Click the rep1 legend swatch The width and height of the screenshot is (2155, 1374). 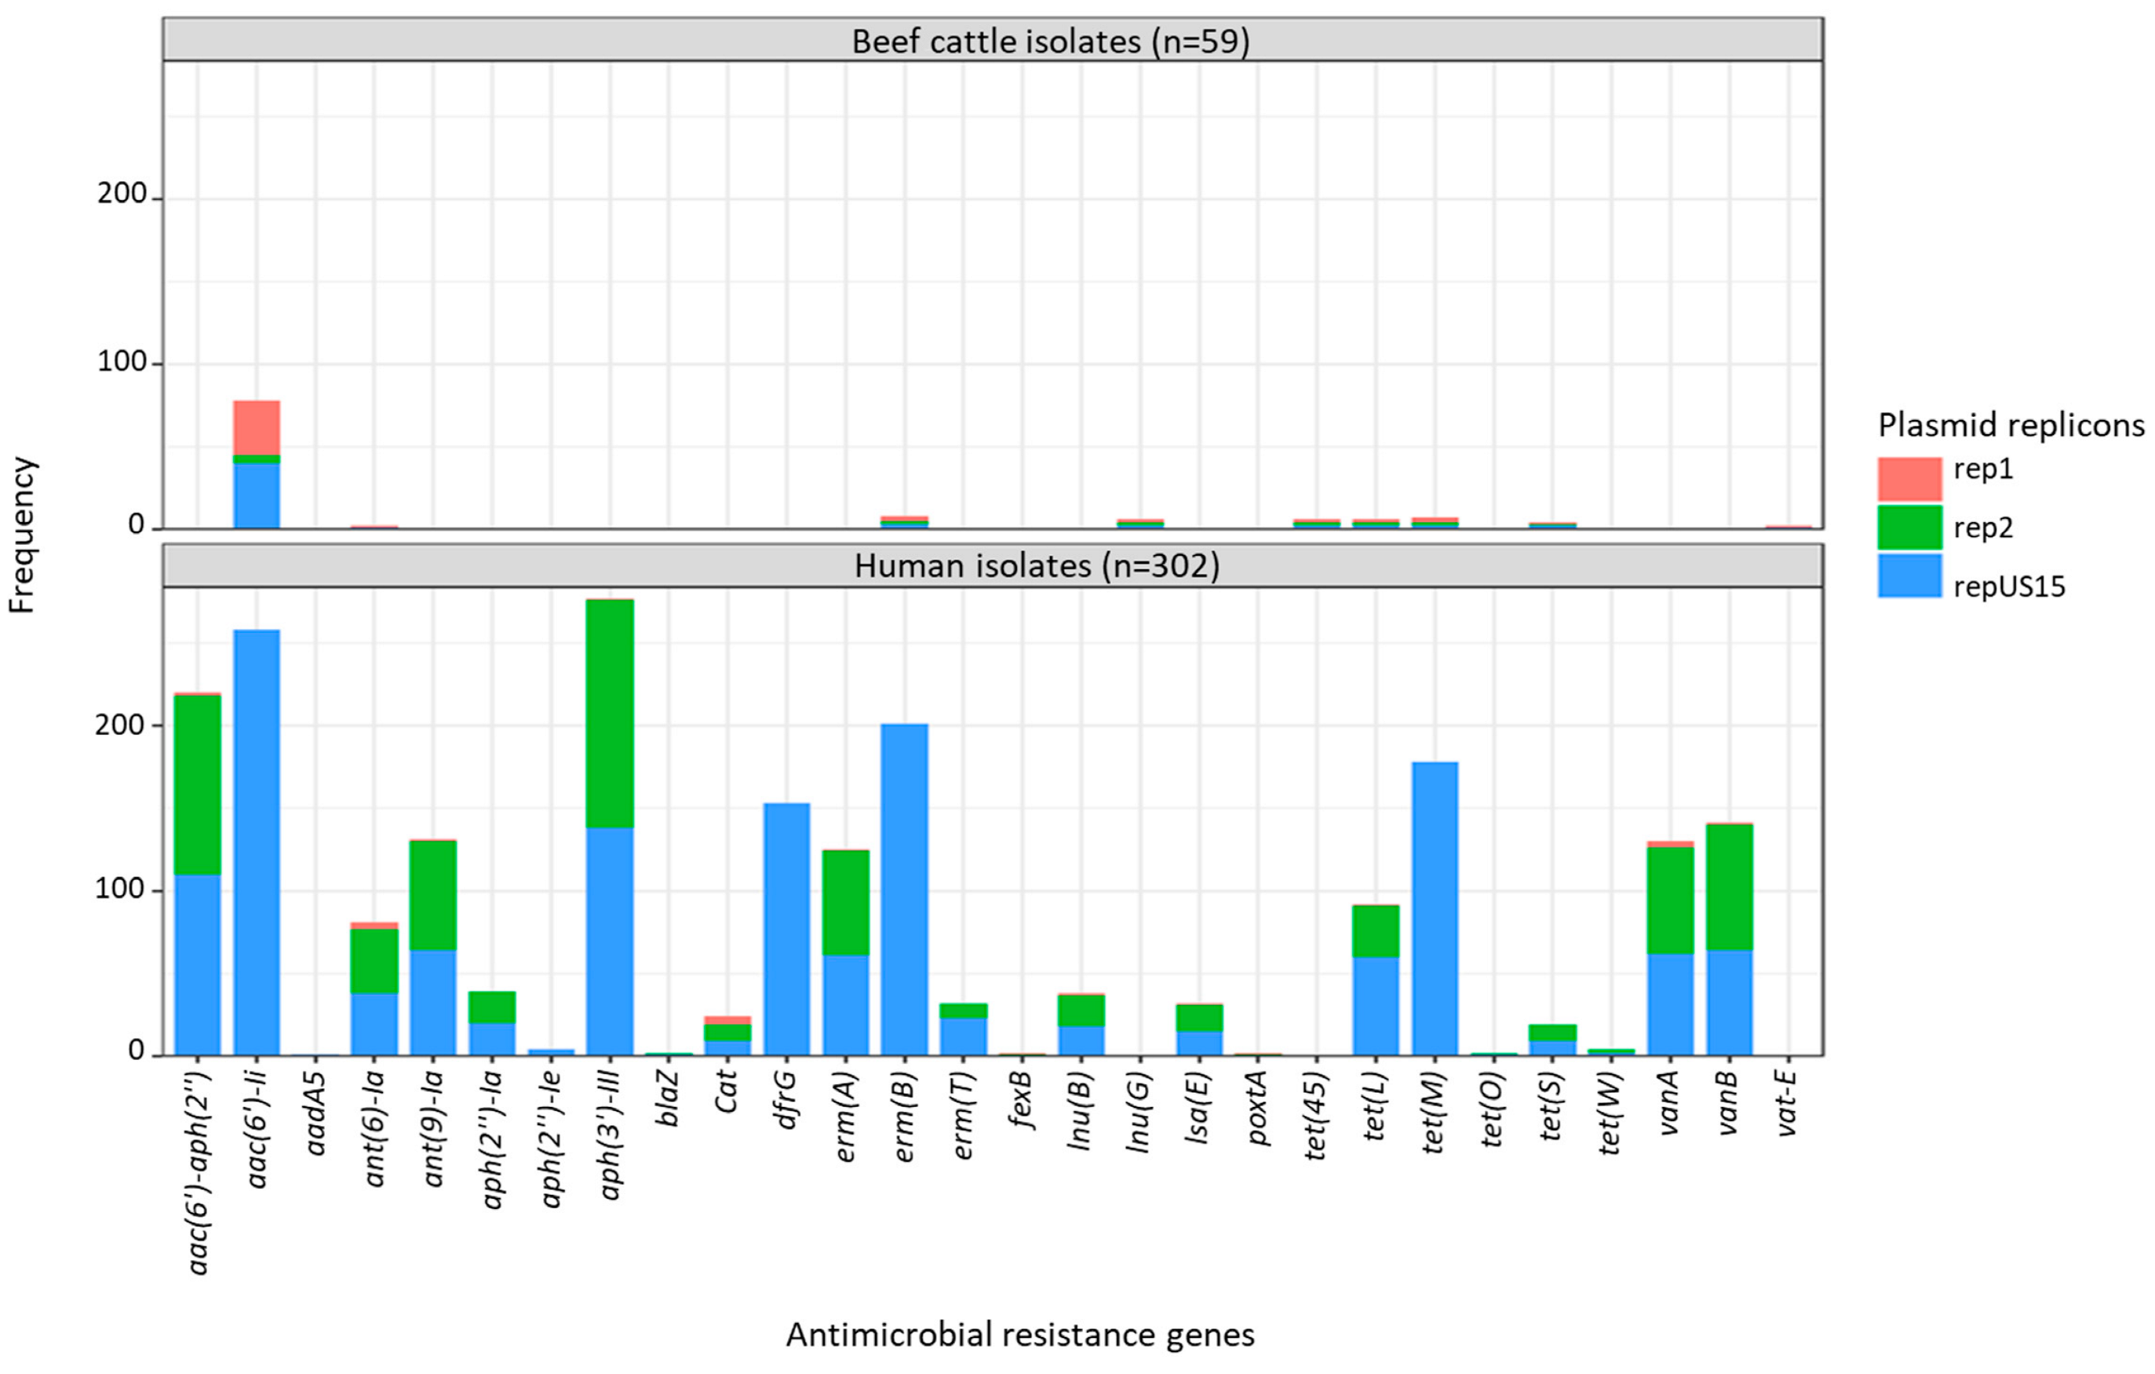pos(1909,479)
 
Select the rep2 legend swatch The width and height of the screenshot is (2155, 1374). pos(1909,527)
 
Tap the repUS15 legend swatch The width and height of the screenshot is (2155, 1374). pos(1909,576)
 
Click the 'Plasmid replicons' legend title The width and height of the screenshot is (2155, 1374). pos(2010,424)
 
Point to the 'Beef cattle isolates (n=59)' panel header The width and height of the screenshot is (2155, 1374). pos(1051,41)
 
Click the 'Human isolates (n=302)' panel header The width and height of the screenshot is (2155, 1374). pos(1037,566)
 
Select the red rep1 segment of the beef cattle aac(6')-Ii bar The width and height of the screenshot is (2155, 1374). pos(257,427)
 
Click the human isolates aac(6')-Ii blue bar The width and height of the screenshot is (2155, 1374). pos(257,842)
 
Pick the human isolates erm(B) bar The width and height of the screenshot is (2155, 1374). pos(904,889)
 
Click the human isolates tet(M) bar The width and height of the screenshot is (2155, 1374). pos(1435,908)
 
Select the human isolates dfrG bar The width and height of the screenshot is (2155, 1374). pos(786,928)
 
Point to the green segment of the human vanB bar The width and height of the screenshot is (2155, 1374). pos(1729,886)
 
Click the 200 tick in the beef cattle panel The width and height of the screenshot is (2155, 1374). pos(122,194)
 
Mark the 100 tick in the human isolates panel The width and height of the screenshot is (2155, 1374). pos(120,889)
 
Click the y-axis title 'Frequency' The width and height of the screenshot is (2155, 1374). pos(21,535)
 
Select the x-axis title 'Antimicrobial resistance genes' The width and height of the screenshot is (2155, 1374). pos(1020,1334)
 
